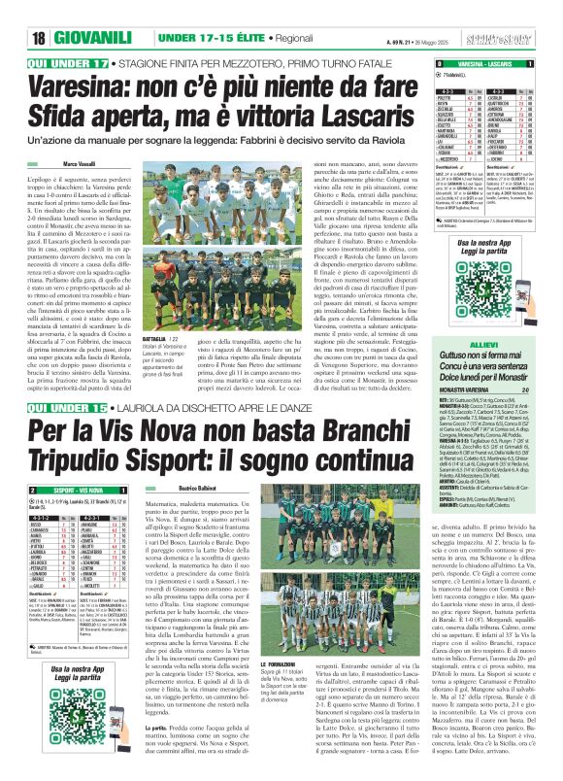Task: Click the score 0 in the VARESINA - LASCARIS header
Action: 426,63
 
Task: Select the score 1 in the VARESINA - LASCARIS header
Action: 553,63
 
